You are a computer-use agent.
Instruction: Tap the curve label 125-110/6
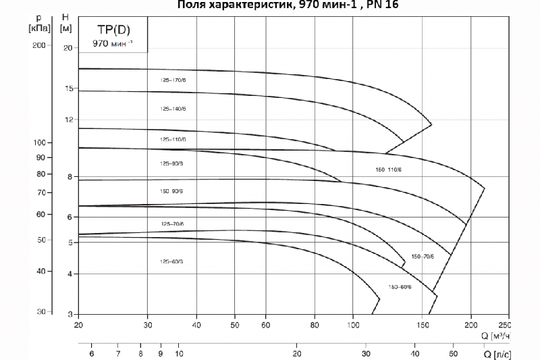pyautogui.click(x=173, y=139)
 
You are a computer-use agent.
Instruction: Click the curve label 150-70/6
pyautogui.click(x=423, y=256)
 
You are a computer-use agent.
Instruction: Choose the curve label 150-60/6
pyautogui.click(x=400, y=287)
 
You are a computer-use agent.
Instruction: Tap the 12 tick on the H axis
pyautogui.click(x=67, y=120)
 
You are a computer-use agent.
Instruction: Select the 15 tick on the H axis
pyautogui.click(x=67, y=89)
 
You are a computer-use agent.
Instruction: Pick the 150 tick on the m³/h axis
pyautogui.click(x=423, y=325)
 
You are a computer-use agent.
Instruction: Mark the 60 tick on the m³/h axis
pyautogui.click(x=267, y=325)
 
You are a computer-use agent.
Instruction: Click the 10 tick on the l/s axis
pyautogui.click(x=179, y=353)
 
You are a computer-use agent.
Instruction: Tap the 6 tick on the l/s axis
pyautogui.click(x=92, y=353)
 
